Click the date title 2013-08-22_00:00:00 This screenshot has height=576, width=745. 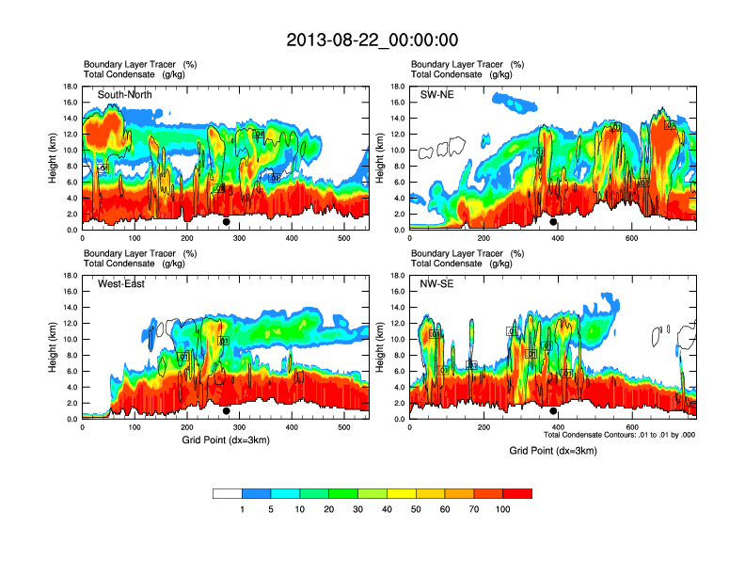point(372,40)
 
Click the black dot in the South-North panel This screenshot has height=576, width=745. point(227,222)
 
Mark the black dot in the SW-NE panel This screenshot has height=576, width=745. point(553,222)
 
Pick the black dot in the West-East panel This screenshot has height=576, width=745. point(227,411)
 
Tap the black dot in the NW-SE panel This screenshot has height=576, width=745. point(553,411)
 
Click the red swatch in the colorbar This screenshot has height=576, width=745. point(517,493)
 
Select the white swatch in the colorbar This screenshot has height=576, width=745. point(228,493)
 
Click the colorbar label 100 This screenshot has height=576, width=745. point(503,509)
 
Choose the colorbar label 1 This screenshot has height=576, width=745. point(242,509)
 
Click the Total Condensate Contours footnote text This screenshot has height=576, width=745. point(619,435)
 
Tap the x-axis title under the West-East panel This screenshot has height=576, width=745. point(225,440)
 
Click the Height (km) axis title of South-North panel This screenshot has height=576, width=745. point(55,158)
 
